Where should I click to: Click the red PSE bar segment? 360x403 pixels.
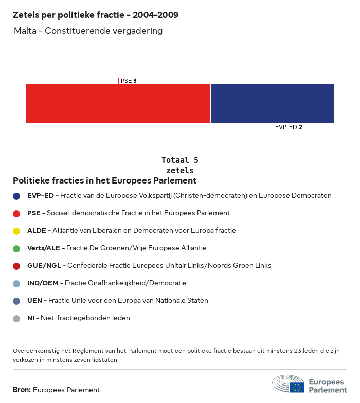[118, 104]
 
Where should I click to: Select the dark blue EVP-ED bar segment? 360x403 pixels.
[272, 104]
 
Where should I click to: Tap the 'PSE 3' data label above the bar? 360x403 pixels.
[128, 81]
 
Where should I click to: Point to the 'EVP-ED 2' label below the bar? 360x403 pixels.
[288, 127]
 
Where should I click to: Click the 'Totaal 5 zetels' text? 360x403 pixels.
[179, 165]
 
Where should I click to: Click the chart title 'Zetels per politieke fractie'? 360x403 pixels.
[96, 15]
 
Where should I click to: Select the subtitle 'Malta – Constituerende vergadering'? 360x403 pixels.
[88, 31]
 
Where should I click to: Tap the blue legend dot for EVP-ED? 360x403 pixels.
[16, 196]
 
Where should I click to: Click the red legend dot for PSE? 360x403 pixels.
[16, 213]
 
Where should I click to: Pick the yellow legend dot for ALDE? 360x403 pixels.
[16, 231]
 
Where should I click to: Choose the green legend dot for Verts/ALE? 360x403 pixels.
[16, 248]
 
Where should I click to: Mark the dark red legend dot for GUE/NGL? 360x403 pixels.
[16, 266]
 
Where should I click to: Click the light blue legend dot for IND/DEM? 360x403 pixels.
[16, 283]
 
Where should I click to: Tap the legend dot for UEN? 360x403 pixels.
[16, 301]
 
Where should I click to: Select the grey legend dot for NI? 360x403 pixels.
[16, 318]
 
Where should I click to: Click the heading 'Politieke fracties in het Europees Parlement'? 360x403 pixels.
[104, 181]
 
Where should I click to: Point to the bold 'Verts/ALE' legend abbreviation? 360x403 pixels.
[44, 248]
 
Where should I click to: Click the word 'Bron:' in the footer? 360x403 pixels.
[22, 390]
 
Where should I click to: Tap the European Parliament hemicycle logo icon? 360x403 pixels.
[288, 384]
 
